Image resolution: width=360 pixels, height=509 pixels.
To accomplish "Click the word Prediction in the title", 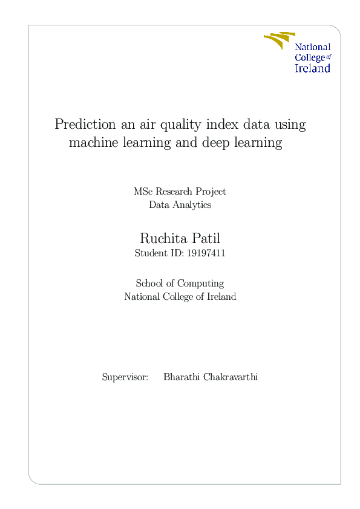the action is tap(85, 125).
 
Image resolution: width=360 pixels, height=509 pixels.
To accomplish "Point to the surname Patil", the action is tap(206, 238).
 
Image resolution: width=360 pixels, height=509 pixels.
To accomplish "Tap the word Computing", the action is tap(201, 284).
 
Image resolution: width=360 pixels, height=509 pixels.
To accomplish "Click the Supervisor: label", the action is tap(125, 377).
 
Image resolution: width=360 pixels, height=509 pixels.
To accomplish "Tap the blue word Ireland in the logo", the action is tap(313, 68).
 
